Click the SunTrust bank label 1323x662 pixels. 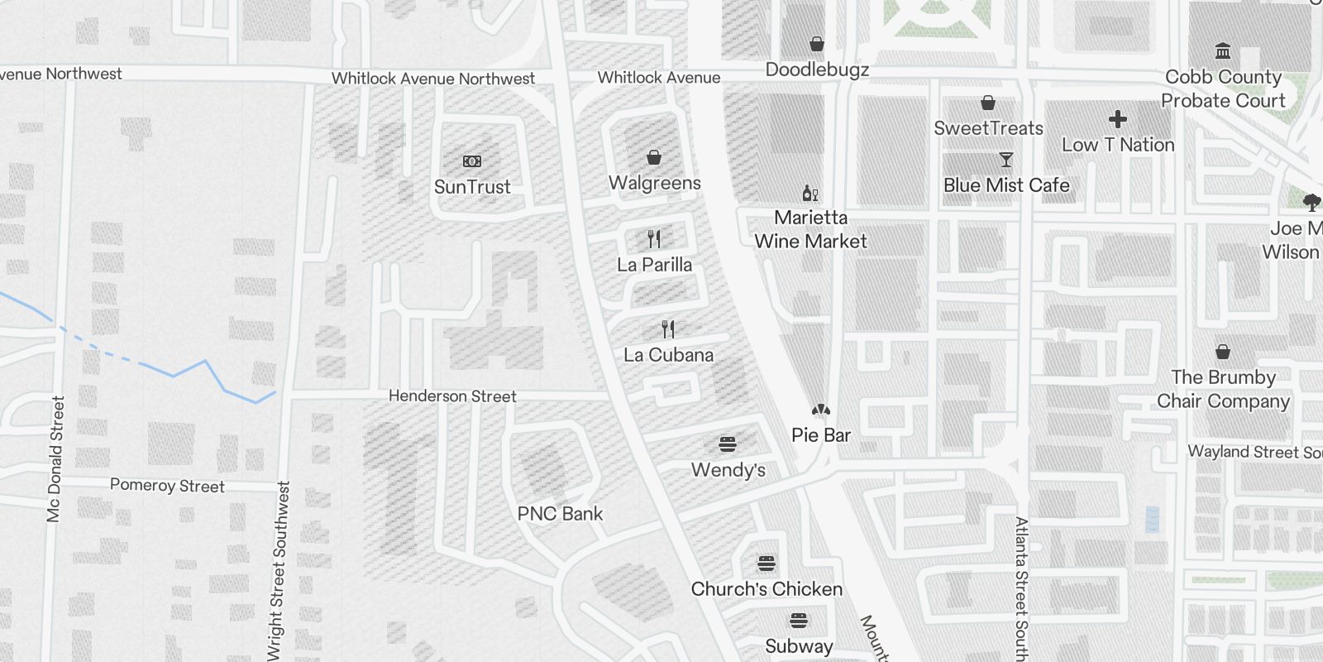(472, 187)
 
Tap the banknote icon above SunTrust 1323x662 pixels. (472, 161)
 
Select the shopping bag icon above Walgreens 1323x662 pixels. (654, 157)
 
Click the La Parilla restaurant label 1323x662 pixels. (654, 265)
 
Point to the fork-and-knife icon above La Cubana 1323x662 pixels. (668, 329)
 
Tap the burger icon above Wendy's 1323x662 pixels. (728, 444)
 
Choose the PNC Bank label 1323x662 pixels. (560, 514)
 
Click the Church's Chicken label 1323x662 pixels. (767, 589)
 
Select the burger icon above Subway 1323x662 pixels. (798, 621)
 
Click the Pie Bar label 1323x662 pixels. (820, 435)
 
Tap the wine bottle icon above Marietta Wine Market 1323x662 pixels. (810, 194)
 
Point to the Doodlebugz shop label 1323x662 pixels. (817, 70)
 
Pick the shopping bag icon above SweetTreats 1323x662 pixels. (987, 103)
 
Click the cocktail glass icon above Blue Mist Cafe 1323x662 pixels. (1005, 160)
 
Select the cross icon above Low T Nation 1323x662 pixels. (1118, 119)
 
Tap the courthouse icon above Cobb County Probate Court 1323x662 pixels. (1223, 51)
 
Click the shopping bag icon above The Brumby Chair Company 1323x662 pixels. (1223, 352)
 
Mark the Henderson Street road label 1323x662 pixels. (452, 396)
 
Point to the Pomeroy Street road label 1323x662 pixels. (167, 486)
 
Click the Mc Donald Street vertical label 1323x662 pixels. (55, 458)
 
